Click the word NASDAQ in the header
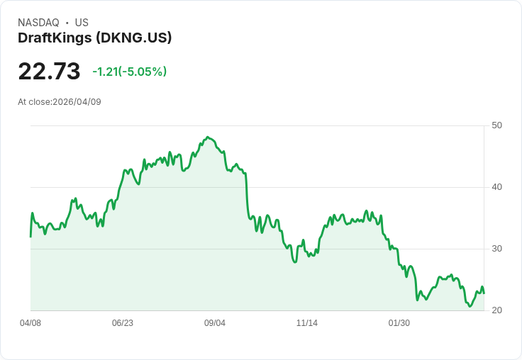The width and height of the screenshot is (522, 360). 38,23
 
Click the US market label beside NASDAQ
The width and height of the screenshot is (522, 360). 82,23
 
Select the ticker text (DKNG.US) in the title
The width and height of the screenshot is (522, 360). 134,38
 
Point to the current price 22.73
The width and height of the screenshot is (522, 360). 49,72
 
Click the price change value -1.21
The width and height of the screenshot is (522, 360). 105,72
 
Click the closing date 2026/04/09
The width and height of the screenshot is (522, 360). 77,102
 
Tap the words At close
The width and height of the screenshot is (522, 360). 34,102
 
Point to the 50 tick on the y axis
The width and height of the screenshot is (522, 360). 496,125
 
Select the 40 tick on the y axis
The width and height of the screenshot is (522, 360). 496,187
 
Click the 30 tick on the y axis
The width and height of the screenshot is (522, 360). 496,249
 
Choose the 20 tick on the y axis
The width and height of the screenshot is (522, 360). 496,310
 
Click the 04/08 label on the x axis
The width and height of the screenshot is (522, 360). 30,323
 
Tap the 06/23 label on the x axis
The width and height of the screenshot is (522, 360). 123,323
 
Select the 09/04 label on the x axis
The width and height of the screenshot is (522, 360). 215,323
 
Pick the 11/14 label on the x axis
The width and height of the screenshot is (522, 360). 307,323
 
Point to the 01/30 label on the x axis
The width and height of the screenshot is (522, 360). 399,323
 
